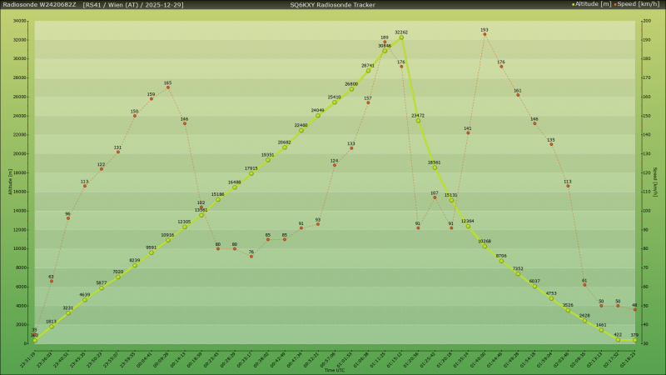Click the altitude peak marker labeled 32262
point(401,37)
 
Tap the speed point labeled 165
point(168,87)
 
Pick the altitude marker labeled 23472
point(418,121)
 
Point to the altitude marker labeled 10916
point(168,240)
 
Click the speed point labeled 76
point(251,256)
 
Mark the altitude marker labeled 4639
point(85,299)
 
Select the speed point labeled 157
point(368,102)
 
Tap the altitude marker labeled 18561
point(435,167)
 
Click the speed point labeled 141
point(468,133)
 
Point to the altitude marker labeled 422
point(618,339)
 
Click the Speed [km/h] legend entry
point(640,4)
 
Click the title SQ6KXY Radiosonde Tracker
point(332,4)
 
